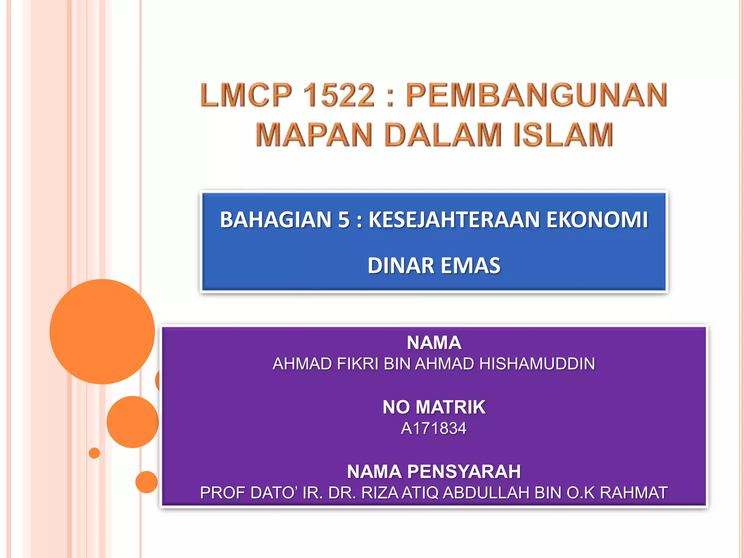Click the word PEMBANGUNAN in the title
pos(536,95)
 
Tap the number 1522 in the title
pos(338,95)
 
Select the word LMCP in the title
pos(246,95)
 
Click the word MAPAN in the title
pos(314,135)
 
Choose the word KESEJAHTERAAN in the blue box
pos(454,220)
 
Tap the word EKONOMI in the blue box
pos(597,220)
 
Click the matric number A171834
pos(434,428)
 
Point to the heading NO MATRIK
pos(434,407)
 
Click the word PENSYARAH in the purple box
pos(464,472)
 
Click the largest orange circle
pos(102,331)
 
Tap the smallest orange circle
pos(94,453)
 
